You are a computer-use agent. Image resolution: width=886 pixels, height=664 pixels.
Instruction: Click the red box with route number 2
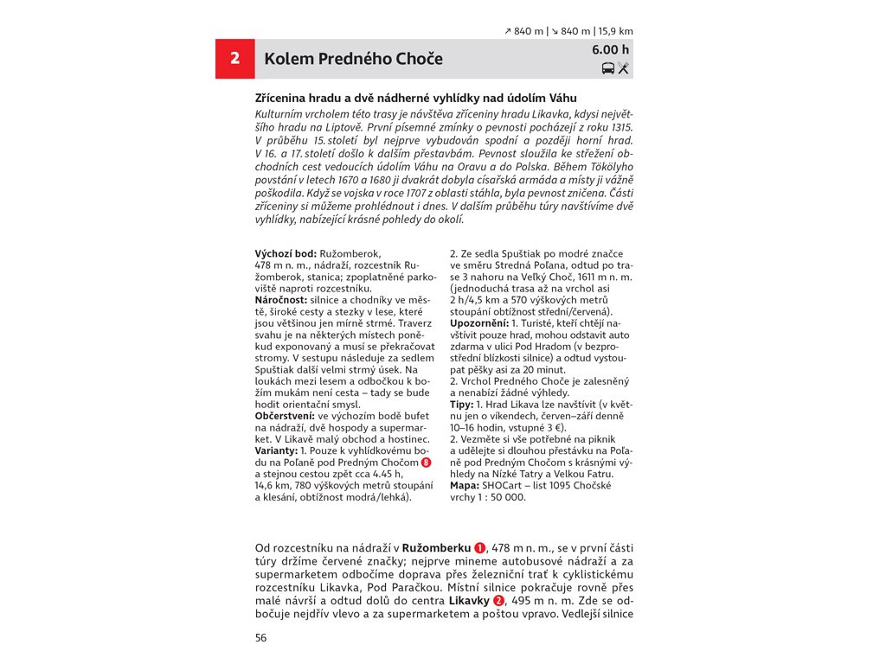[234, 59]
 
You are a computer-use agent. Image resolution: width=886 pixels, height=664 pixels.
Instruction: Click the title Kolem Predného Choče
[353, 59]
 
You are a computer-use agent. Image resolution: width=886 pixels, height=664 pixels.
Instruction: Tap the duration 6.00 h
[611, 49]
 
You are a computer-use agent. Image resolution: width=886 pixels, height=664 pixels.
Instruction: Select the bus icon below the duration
[608, 68]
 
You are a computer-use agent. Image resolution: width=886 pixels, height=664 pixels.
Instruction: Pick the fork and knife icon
[624, 68]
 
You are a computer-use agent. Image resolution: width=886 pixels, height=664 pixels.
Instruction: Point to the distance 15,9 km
[615, 31]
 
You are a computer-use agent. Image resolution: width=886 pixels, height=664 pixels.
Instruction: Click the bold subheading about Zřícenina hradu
[415, 99]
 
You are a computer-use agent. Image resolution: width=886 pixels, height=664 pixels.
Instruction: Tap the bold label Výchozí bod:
[286, 253]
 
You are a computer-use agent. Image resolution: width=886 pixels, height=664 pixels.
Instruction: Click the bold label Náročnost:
[281, 299]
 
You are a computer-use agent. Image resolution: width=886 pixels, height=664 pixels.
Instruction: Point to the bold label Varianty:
[276, 451]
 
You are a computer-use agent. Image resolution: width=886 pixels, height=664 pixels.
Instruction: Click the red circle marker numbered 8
[426, 463]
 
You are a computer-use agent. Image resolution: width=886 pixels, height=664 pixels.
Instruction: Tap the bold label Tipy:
[461, 405]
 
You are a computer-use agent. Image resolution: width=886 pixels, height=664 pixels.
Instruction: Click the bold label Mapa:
[465, 486]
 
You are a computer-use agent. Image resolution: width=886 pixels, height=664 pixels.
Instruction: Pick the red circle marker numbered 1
[479, 548]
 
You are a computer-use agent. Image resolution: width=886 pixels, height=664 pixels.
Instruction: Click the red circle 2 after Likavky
[498, 601]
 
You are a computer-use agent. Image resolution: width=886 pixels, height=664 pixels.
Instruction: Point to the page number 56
[261, 638]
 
